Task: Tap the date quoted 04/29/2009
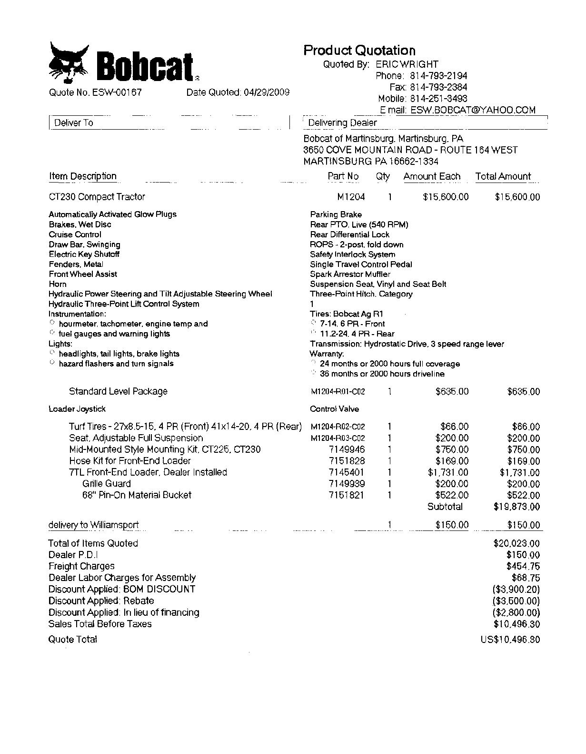click(266, 92)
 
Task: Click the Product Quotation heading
click(359, 51)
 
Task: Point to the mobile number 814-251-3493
click(438, 99)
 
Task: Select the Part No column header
click(343, 176)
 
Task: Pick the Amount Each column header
click(432, 176)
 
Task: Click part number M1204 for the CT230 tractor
click(351, 197)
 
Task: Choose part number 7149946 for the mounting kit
click(347, 449)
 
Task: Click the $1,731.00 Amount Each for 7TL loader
click(448, 472)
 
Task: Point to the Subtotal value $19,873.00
click(516, 507)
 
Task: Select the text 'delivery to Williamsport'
click(94, 525)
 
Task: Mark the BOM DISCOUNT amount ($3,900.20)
click(516, 589)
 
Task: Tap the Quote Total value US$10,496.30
click(510, 640)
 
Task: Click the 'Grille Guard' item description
click(107, 484)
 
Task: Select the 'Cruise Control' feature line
click(75, 234)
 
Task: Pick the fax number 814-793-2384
click(438, 87)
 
